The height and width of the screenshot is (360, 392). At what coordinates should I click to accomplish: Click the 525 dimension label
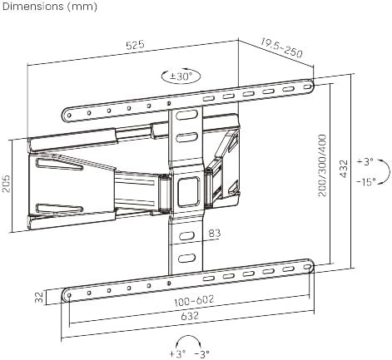click(x=135, y=45)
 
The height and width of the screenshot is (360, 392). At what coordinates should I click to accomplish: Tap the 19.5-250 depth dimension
click(x=281, y=48)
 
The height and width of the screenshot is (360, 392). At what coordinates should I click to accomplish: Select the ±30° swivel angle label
click(x=181, y=76)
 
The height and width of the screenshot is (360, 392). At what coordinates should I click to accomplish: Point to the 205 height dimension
click(x=6, y=184)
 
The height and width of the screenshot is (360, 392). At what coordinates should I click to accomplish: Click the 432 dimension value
click(x=344, y=169)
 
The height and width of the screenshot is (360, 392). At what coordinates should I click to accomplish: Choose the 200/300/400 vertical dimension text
click(x=322, y=165)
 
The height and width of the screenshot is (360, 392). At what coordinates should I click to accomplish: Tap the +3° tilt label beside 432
click(x=365, y=161)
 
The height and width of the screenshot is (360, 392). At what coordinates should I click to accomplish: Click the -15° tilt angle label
click(x=366, y=182)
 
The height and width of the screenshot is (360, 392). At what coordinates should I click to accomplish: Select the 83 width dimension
click(x=215, y=234)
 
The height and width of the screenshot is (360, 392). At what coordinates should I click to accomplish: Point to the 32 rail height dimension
click(x=39, y=297)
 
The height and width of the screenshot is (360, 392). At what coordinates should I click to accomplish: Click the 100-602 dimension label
click(x=194, y=300)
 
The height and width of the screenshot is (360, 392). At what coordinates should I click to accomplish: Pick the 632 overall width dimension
click(x=190, y=316)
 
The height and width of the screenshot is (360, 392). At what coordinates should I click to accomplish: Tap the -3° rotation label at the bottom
click(x=202, y=354)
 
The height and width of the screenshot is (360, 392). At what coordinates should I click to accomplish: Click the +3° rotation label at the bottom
click(x=177, y=354)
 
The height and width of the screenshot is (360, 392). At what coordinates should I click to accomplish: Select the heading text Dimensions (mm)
click(x=50, y=7)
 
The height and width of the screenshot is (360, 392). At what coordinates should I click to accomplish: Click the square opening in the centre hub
click(x=189, y=191)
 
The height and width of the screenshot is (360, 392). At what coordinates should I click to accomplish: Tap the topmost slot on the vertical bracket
click(x=186, y=115)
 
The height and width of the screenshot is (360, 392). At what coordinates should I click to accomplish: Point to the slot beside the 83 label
click(x=186, y=236)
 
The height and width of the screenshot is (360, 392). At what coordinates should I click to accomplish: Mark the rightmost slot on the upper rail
click(x=307, y=86)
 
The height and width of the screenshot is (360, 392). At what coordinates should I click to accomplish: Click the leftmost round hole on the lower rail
click(x=69, y=295)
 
